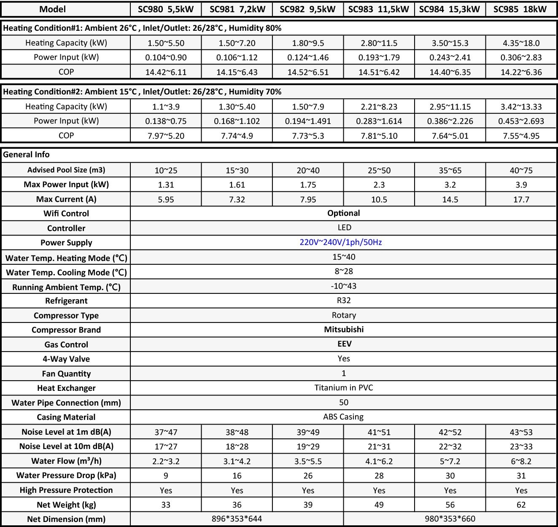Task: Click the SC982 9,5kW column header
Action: point(307,9)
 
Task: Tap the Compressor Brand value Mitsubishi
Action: point(344,330)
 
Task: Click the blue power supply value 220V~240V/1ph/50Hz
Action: point(341,242)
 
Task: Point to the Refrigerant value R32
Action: point(344,301)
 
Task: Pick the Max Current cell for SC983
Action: point(379,199)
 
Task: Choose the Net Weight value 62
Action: point(521,505)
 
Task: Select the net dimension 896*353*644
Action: point(237,519)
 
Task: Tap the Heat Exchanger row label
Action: point(66,388)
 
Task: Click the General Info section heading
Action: point(26,155)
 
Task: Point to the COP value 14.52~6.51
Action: point(308,72)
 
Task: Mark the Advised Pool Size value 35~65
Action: point(450,170)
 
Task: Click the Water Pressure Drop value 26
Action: point(308,476)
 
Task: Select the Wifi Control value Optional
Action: point(344,213)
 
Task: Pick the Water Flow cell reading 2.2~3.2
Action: point(166,461)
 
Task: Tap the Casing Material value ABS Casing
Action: point(343,417)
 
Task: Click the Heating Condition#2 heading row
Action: point(142,92)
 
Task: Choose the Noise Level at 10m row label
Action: point(66,446)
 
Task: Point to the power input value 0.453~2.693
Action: point(521,121)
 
